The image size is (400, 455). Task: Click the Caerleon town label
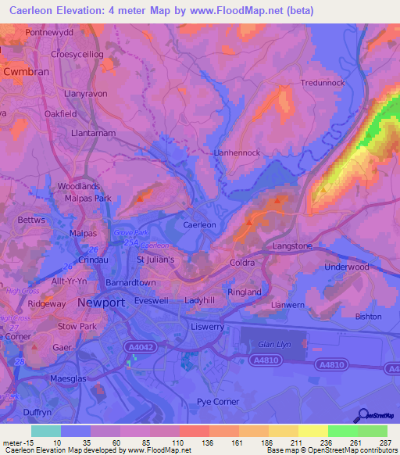pyautogui.click(x=199, y=224)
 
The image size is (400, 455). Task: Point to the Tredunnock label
pyautogui.click(x=323, y=82)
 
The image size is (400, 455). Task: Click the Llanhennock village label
pyautogui.click(x=237, y=153)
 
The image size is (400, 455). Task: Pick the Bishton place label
pyautogui.click(x=368, y=317)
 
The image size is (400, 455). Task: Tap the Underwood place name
pyautogui.click(x=346, y=267)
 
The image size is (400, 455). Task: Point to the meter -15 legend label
pyautogui.click(x=16, y=443)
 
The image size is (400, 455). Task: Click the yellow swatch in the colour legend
pyautogui.click(x=312, y=431)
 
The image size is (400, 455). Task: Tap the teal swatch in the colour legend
pyautogui.click(x=45, y=431)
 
